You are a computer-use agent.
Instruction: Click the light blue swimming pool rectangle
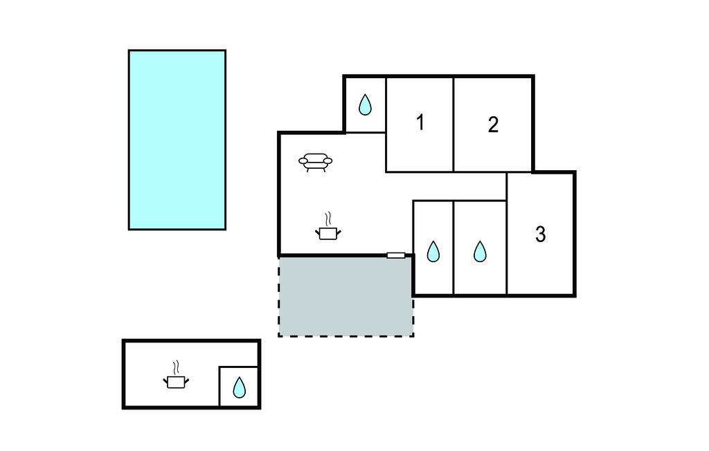coord(177,139)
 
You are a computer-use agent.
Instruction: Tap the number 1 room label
coord(420,122)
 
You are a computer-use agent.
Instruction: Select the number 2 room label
coord(493,125)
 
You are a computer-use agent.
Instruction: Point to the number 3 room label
coord(541,234)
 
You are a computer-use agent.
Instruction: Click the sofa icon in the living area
coord(316,163)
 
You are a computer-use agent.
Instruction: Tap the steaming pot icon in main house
coord(327,232)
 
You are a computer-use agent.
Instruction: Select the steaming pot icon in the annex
coord(177,380)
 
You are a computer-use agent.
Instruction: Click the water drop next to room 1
coord(365,105)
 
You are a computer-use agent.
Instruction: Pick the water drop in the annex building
coord(239,387)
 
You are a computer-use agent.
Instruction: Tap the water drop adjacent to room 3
coord(480,251)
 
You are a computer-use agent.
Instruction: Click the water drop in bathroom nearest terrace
coord(433,251)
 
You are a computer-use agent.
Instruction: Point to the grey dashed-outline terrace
coord(345,296)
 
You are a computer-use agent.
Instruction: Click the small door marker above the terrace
coord(395,255)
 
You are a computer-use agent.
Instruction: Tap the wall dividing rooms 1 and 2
coord(454,125)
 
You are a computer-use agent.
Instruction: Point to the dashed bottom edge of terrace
coord(345,336)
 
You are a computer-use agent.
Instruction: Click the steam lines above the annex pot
coord(177,366)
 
